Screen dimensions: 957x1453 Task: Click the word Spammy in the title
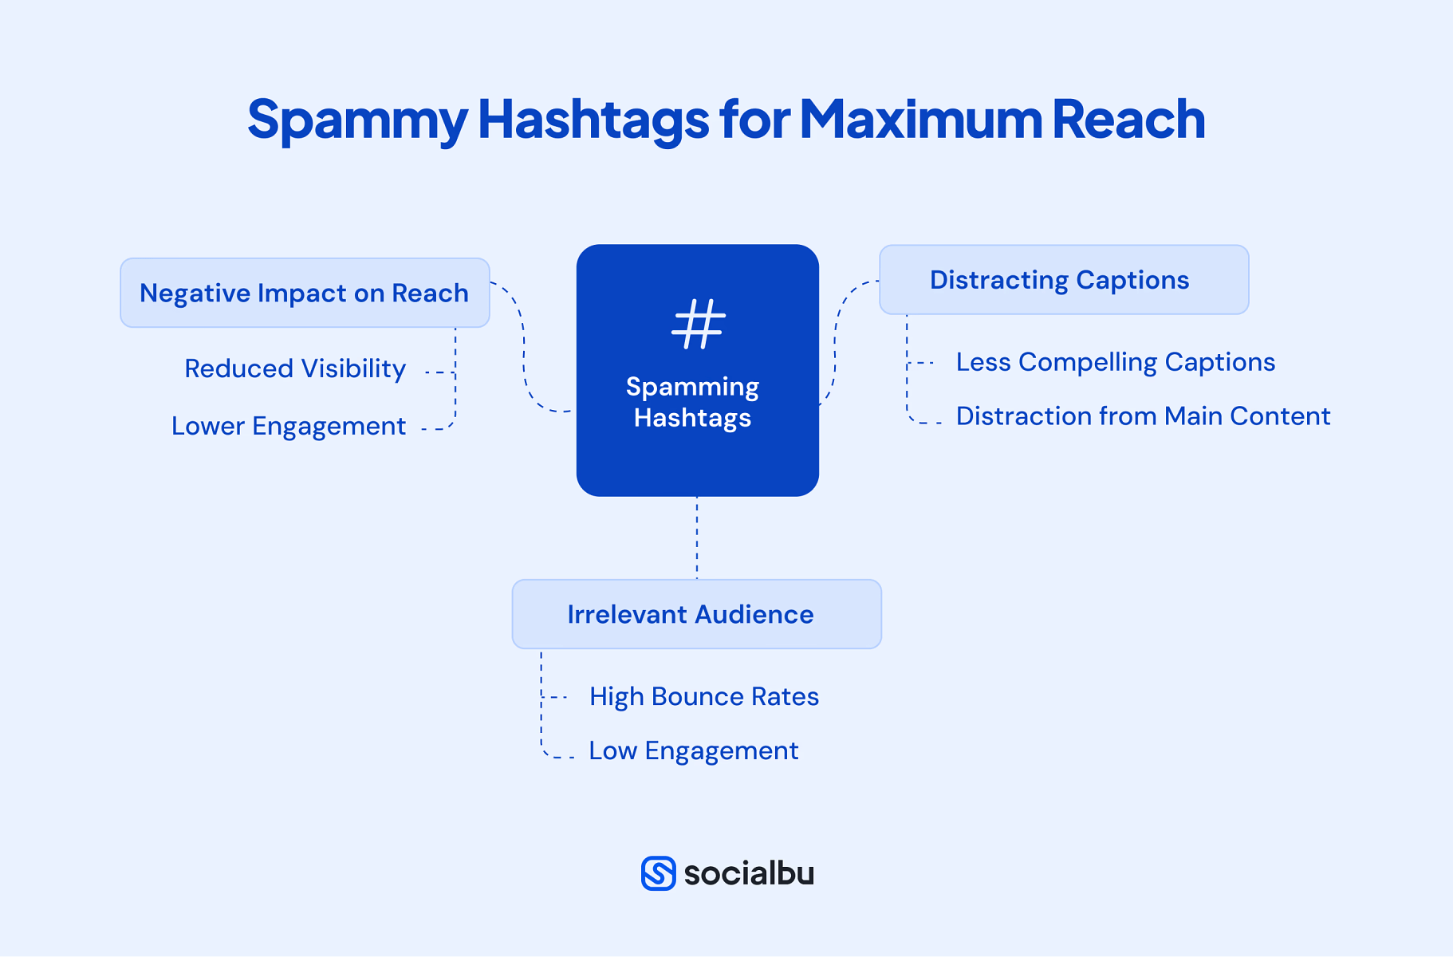(356, 120)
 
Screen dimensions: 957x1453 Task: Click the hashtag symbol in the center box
(699, 324)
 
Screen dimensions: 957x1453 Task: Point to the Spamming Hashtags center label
(692, 402)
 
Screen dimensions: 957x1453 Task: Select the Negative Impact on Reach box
(305, 293)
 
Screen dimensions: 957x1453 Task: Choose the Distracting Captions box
(1063, 280)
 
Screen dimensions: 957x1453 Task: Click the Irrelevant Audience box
(696, 614)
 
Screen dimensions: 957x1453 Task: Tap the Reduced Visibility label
(295, 368)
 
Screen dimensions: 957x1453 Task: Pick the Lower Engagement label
(289, 426)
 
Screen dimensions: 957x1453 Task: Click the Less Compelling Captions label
(1115, 362)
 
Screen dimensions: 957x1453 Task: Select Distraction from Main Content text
(1143, 416)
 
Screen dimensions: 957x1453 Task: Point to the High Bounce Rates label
(703, 696)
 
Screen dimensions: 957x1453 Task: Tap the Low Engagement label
(693, 750)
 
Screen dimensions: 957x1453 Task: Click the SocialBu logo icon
(658, 873)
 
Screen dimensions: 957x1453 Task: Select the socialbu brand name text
(749, 873)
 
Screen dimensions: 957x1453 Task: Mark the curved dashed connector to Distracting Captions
(836, 335)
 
